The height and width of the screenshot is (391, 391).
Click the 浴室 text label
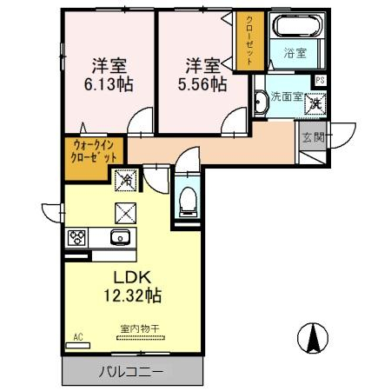point(295,53)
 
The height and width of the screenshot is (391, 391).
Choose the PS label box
point(321,81)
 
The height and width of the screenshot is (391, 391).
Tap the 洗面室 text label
point(285,97)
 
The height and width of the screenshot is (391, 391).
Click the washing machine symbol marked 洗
point(317,100)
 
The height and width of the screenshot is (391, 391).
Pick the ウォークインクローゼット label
point(94,153)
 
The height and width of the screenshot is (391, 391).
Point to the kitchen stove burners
point(76,237)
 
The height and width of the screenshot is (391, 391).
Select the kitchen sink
point(119,237)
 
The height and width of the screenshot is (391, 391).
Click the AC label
point(78,335)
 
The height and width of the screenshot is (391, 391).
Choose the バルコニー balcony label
point(130,371)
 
